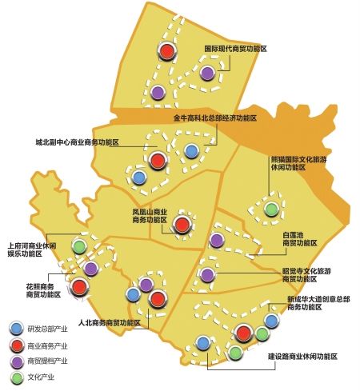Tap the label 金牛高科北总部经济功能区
pyautogui.click(x=215, y=118)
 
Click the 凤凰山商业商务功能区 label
pyautogui.click(x=150, y=216)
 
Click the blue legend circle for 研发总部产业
pyautogui.click(x=16, y=328)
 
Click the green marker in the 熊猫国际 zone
pyautogui.click(x=272, y=209)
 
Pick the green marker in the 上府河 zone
pyautogui.click(x=79, y=245)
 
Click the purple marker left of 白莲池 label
pyautogui.click(x=216, y=240)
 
